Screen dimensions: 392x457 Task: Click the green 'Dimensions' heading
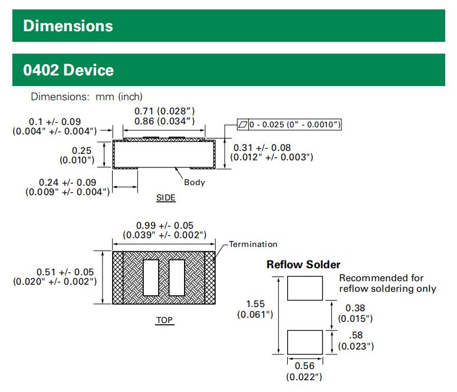(68, 26)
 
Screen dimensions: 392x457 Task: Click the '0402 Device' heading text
(68, 70)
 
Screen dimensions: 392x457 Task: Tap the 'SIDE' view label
(166, 198)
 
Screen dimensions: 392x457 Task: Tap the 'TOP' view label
(165, 321)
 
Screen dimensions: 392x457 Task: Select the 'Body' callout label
(194, 182)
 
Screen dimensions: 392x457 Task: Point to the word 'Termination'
(253, 244)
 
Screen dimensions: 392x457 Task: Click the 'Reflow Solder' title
(303, 265)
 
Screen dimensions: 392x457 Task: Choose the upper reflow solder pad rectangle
(305, 288)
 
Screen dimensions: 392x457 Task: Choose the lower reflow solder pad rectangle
(305, 342)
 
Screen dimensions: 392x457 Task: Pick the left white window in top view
(152, 277)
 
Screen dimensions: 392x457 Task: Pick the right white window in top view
(177, 277)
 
